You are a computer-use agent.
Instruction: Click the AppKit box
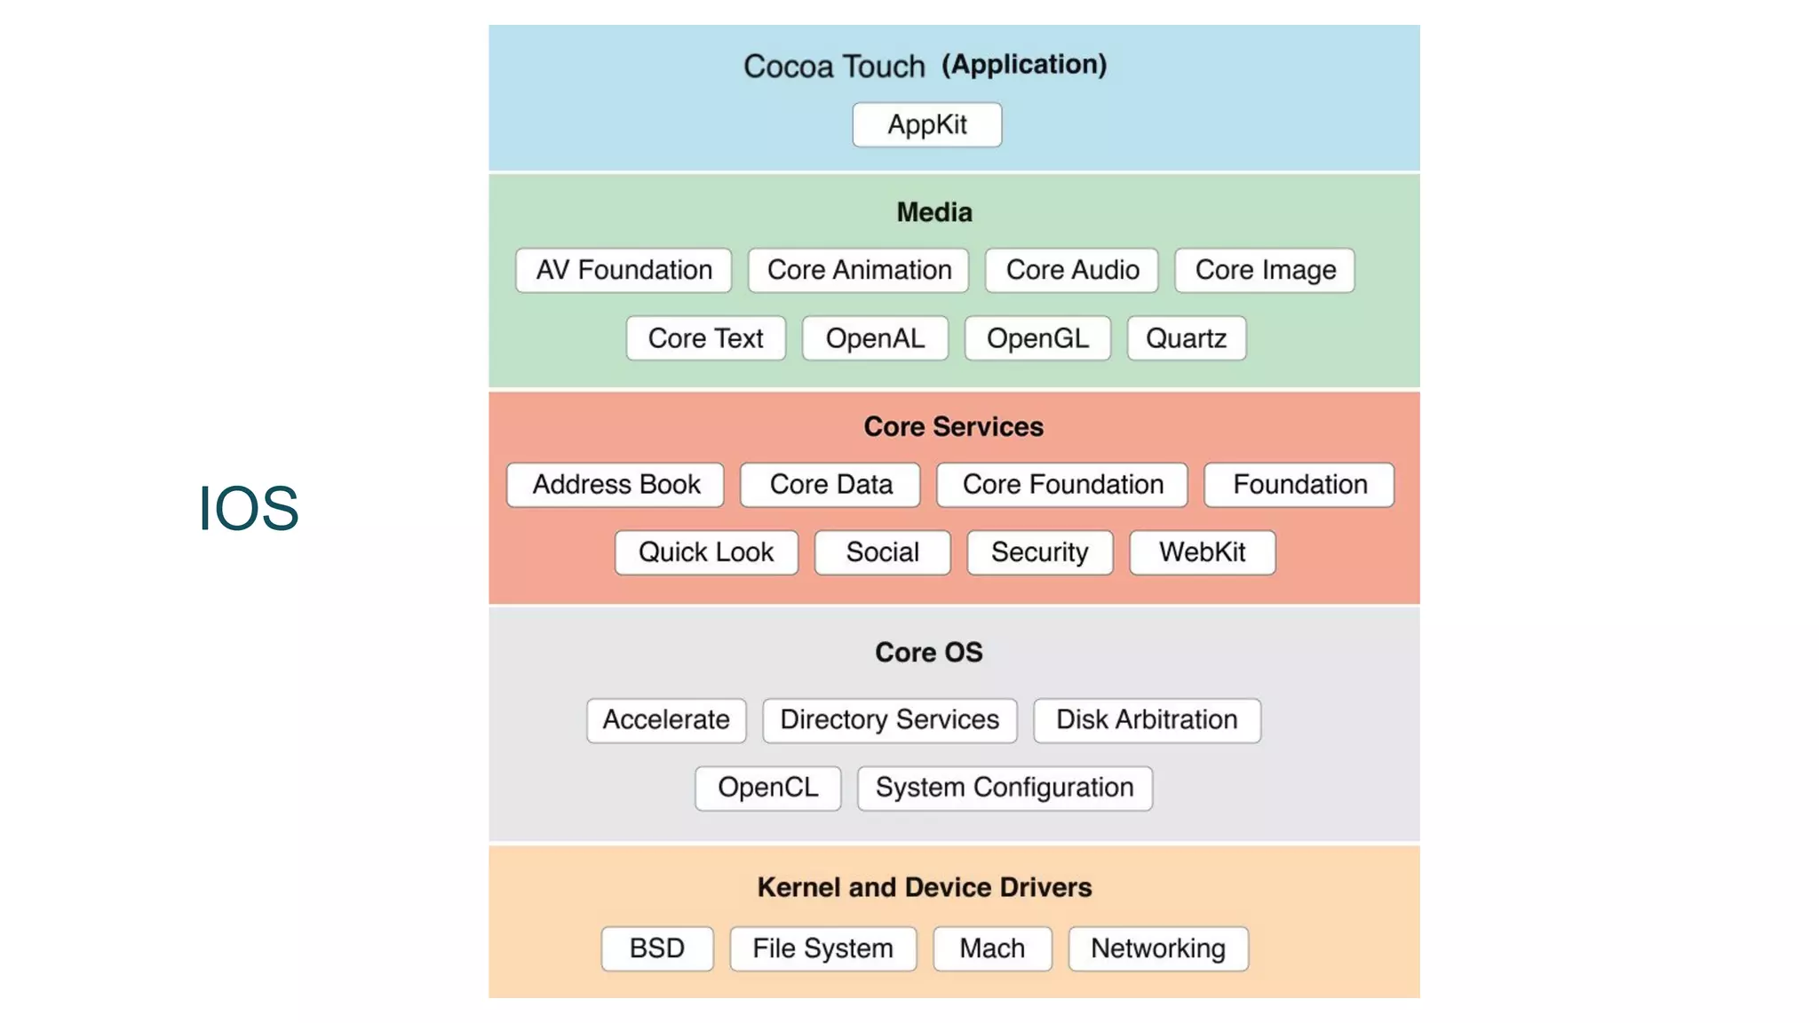tap(926, 124)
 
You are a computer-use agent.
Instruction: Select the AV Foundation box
tap(624, 270)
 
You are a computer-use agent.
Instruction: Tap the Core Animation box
tap(858, 270)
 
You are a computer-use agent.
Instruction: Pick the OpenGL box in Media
tap(1037, 338)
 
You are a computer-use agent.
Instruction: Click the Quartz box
tap(1186, 338)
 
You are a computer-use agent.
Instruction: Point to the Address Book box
tap(616, 485)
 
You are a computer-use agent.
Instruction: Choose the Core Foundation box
tap(1062, 485)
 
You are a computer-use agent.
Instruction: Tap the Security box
tap(1039, 552)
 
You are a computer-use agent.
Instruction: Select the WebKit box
tap(1202, 552)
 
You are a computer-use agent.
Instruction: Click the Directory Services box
tap(889, 719)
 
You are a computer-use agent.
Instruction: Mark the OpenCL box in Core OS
tap(767, 788)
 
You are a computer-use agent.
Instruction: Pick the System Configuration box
tap(1005, 788)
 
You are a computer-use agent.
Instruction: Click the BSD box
tap(656, 948)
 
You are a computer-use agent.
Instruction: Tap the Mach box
tap(992, 948)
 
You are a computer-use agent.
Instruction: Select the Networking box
tap(1157, 948)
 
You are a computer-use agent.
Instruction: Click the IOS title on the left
tap(248, 508)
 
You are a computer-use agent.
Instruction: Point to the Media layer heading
tap(934, 212)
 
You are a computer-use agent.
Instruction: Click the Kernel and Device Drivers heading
tap(924, 887)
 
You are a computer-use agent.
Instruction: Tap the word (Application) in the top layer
tap(1024, 64)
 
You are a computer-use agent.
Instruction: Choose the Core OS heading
tap(928, 652)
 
